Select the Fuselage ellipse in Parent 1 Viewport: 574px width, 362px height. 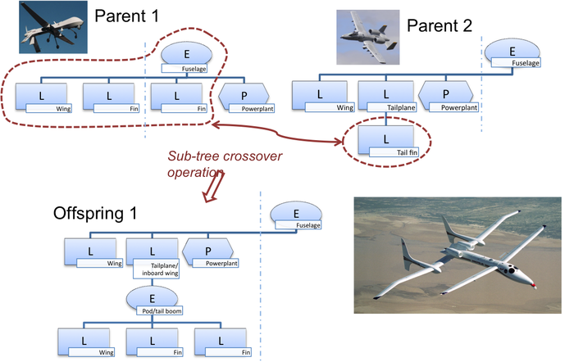(x=187, y=55)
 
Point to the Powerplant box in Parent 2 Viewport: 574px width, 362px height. (x=446, y=96)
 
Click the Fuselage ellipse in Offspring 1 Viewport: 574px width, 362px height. (x=294, y=216)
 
